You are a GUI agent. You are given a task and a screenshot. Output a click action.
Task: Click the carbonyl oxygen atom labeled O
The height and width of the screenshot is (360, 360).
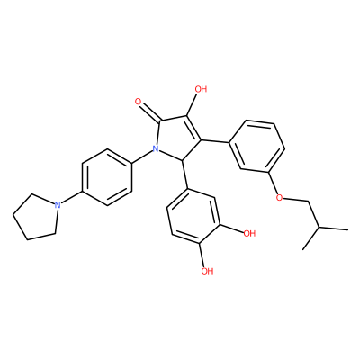(x=139, y=102)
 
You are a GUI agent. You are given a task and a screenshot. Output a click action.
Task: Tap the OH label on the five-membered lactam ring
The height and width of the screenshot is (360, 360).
(x=201, y=89)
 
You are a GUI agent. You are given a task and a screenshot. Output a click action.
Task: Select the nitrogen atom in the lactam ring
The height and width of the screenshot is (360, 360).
(x=156, y=148)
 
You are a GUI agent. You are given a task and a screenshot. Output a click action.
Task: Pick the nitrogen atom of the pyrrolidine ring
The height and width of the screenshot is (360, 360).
(x=58, y=205)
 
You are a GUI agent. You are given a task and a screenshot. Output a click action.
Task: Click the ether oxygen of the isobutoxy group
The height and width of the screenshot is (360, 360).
(x=279, y=198)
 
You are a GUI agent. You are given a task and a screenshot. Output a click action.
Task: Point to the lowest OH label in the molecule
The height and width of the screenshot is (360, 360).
(x=207, y=271)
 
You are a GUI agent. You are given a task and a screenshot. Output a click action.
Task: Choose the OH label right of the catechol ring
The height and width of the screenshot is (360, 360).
(x=249, y=233)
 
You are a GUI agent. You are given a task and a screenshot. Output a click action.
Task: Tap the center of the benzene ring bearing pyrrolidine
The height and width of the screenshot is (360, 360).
(x=107, y=178)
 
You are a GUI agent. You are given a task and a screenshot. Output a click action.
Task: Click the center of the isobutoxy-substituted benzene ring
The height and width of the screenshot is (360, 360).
(x=256, y=147)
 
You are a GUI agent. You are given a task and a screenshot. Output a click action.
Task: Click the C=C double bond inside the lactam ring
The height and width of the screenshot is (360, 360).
(x=193, y=128)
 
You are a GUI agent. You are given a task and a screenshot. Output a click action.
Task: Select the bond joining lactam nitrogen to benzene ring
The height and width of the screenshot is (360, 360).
(x=146, y=157)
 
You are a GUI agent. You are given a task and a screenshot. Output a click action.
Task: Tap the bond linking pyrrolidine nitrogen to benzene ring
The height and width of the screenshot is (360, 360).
(x=71, y=198)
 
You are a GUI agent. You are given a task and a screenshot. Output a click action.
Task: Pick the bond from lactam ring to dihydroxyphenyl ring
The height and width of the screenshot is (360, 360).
(x=184, y=175)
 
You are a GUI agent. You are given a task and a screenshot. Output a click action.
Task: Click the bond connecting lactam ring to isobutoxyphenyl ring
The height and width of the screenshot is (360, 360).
(x=215, y=141)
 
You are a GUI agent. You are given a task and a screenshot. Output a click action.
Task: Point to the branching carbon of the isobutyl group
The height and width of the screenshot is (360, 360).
(x=319, y=228)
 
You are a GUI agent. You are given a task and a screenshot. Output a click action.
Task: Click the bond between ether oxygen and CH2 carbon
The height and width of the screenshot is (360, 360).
(x=296, y=200)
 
